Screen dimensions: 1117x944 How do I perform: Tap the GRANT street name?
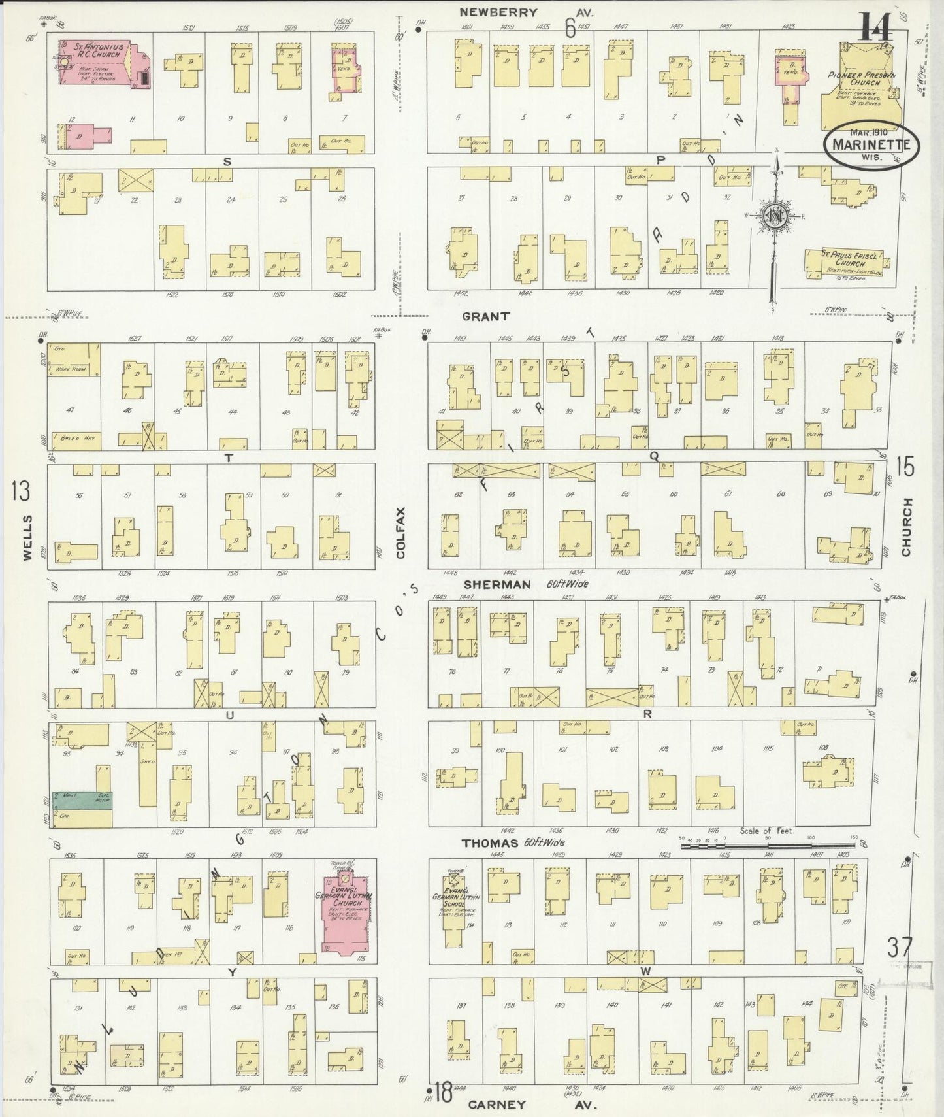click(x=485, y=316)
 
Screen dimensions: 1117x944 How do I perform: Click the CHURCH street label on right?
click(x=906, y=527)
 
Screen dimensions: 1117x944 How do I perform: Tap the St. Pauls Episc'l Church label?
click(x=847, y=259)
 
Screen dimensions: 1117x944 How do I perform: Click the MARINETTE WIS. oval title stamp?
click(x=870, y=145)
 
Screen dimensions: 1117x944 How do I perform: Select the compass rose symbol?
click(x=775, y=217)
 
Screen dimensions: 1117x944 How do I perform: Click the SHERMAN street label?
click(x=506, y=584)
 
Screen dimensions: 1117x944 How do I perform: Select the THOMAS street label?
click(x=490, y=843)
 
